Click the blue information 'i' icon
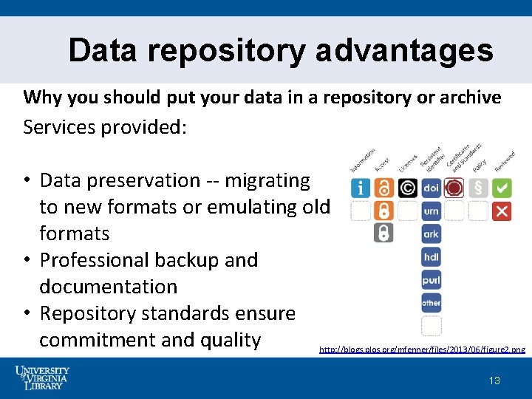361,188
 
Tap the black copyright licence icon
407,188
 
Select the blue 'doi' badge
432,188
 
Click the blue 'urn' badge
432,211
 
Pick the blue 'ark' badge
432,234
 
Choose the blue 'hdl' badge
432,257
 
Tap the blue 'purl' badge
432,280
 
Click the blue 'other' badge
432,303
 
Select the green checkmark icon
502,188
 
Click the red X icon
502,211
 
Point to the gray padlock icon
383,233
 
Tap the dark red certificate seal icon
454,188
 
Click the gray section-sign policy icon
478,188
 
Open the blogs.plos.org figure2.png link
422,349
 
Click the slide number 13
494,381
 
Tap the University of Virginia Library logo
42,378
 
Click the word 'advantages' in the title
404,50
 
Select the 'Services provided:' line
106,127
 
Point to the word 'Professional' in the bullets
94,260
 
